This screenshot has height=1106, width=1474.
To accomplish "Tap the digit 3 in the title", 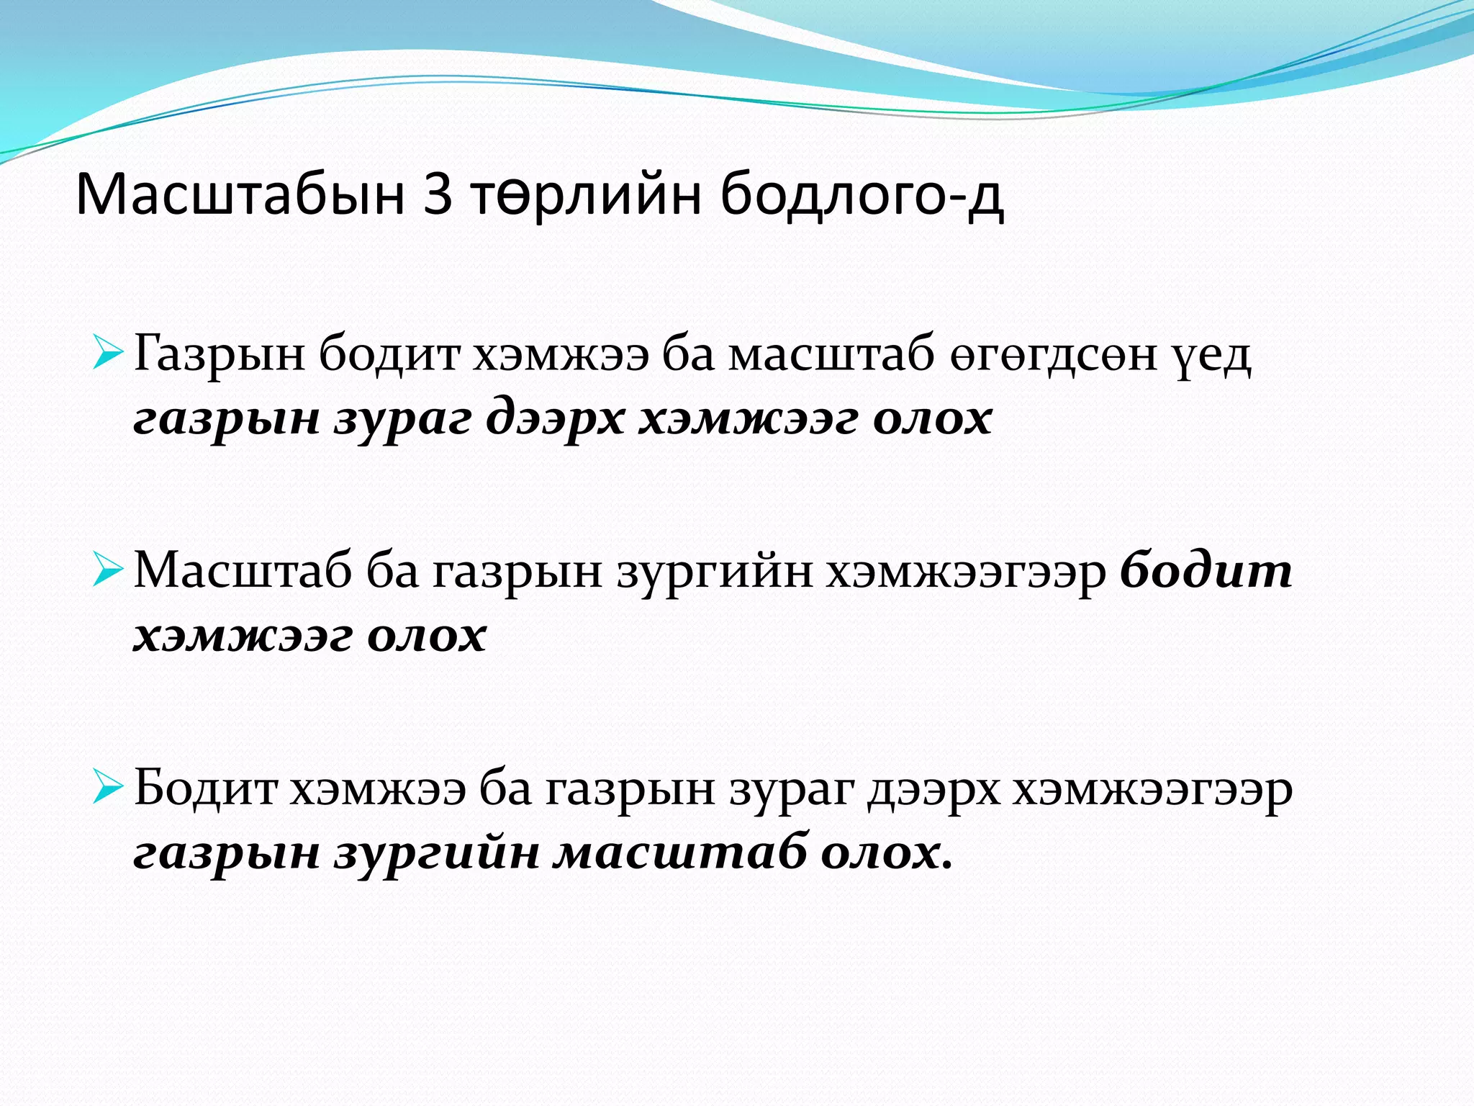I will click(x=438, y=194).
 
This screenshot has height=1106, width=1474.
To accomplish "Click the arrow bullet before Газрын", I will click(x=109, y=355).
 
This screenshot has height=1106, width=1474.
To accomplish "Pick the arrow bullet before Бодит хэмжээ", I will click(x=109, y=789).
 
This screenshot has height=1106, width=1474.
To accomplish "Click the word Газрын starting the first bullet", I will click(x=220, y=355).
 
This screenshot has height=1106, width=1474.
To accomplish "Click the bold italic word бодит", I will click(x=1206, y=570).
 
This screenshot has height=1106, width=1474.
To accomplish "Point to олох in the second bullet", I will click(x=427, y=636).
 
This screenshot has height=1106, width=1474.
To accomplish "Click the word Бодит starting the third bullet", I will click(x=206, y=788).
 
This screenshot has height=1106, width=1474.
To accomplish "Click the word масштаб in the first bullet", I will click(x=831, y=355).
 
